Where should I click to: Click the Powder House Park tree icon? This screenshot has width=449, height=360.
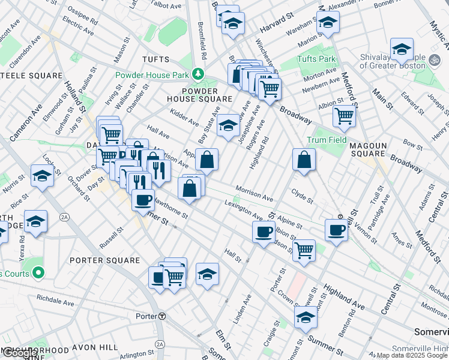(x=197, y=75)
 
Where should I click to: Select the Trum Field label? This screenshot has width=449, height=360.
(x=327, y=140)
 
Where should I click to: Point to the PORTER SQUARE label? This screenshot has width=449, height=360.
(x=104, y=260)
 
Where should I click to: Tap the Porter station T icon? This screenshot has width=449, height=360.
(x=162, y=316)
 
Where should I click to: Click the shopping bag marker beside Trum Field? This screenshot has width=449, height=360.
(x=304, y=160)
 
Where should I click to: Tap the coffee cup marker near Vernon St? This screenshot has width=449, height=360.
(x=336, y=229)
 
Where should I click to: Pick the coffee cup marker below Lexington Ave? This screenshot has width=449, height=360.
(x=264, y=232)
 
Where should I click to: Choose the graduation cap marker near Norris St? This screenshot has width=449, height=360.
(x=41, y=176)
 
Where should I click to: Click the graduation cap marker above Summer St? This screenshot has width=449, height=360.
(x=306, y=317)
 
